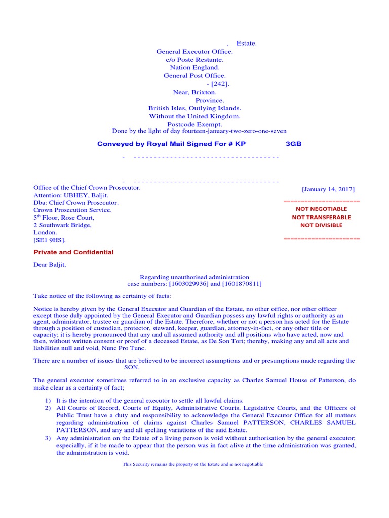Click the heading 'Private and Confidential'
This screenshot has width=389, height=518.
coord(73,252)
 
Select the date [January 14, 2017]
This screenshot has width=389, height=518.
coord(328,189)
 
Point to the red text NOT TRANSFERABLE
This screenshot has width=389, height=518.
coord(322,217)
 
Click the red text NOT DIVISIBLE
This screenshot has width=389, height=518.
coord(322,225)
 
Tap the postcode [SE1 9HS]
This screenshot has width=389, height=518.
coord(50,240)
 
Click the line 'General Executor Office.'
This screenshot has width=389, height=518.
coord(194,52)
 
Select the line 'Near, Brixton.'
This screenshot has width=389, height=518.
coord(194,92)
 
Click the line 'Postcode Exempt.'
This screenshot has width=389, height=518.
coord(194,124)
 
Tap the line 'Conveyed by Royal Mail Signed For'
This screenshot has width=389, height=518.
coord(171,144)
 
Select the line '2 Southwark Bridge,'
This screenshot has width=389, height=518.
coord(62,225)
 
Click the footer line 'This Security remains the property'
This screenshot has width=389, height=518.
coord(193,464)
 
